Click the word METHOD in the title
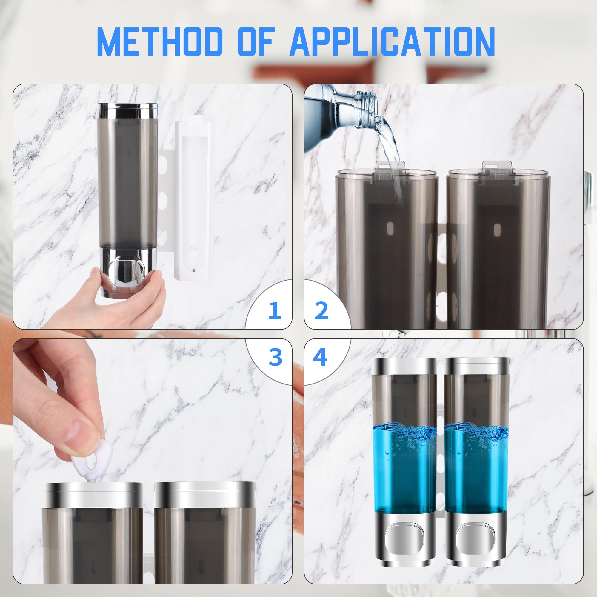point(159,42)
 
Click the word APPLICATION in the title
point(393,42)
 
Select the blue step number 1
point(275,310)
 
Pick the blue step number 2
point(321,310)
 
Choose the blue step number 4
point(320,357)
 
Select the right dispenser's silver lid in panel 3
point(205,493)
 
